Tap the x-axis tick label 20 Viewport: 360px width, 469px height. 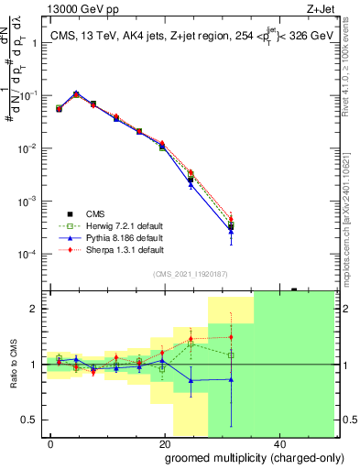[x=164, y=442]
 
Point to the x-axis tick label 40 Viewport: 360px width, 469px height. [x=278, y=442]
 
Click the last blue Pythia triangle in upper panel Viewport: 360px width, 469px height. [x=231, y=231]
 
